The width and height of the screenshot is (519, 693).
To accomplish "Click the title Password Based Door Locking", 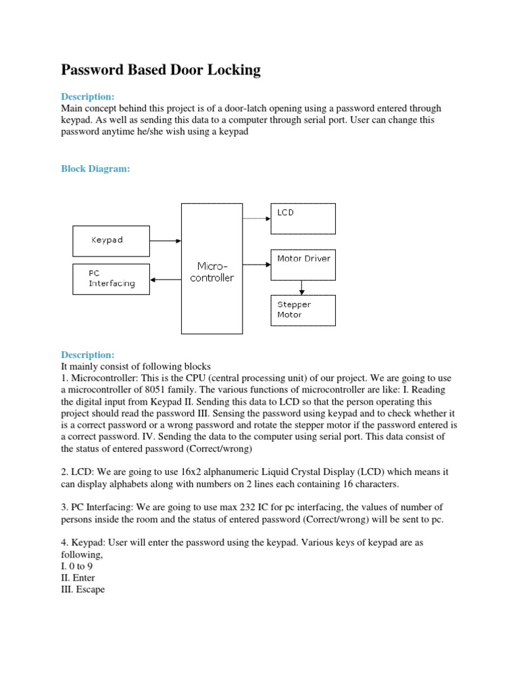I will tap(161, 70).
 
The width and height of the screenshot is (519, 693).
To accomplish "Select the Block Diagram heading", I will tap(95, 169).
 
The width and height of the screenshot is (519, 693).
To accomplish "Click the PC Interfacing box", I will tap(112, 279).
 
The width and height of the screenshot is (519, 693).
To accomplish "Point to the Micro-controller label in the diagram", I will tap(212, 273).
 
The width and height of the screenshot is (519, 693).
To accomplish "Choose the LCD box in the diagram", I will tap(302, 219).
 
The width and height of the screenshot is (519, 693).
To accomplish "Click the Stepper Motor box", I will tap(302, 310).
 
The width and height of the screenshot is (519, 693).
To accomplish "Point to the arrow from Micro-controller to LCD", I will tap(256, 219).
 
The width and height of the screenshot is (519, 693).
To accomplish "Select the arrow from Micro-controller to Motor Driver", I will tap(256, 265).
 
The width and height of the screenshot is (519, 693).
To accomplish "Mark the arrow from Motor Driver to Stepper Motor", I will tap(302, 288).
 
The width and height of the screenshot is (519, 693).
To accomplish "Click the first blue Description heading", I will tap(88, 97).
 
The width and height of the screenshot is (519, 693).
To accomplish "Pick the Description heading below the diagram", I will tap(88, 355).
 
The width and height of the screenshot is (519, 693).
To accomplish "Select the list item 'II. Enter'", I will tap(78, 578).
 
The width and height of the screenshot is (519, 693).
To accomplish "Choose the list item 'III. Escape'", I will tap(82, 589).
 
